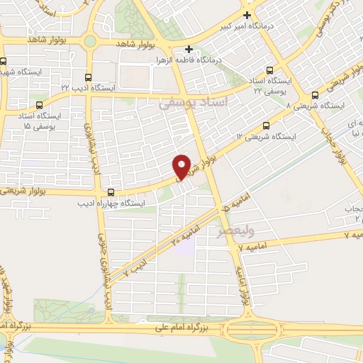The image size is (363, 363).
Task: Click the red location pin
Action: pyautogui.click(x=182, y=166)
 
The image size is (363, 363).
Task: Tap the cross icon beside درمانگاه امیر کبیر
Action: pyautogui.click(x=247, y=15)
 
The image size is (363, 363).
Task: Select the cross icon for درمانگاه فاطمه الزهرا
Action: pyautogui.click(x=189, y=50)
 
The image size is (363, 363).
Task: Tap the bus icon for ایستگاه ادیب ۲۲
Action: pyautogui.click(x=88, y=77)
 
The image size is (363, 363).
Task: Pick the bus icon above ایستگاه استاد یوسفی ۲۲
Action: pyautogui.click(x=269, y=70)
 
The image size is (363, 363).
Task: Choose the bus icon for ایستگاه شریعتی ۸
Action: pyautogui.click(x=314, y=96)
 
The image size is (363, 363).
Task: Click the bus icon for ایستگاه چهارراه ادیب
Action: pyautogui.click(x=111, y=191)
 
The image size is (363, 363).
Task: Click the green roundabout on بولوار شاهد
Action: pyautogui.click(x=90, y=41)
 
